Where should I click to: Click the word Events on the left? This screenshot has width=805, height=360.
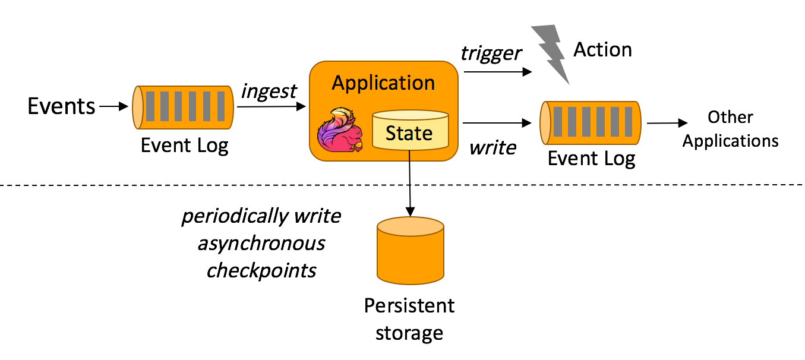(61, 106)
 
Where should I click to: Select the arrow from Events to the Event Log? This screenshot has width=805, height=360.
(113, 107)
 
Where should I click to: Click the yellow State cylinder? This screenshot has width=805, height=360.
(409, 131)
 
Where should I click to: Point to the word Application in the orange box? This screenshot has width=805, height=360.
(383, 83)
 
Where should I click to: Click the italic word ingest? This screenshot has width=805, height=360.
(269, 91)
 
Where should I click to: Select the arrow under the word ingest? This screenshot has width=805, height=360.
(270, 107)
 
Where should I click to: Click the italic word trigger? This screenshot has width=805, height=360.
(491, 53)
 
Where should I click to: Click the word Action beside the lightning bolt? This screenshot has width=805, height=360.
(602, 50)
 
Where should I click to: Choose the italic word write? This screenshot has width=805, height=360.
(493, 147)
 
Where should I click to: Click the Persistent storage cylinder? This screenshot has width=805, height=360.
(410, 250)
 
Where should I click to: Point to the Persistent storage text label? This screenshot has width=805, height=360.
(409, 319)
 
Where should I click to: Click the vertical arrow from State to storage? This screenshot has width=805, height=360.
(409, 184)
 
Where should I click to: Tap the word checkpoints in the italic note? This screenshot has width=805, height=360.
(261, 270)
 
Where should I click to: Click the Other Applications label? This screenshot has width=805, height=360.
(730, 129)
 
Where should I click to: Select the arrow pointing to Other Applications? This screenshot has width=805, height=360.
(667, 124)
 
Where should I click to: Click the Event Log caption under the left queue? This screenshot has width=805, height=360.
(184, 146)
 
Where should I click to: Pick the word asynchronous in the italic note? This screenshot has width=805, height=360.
(261, 243)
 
